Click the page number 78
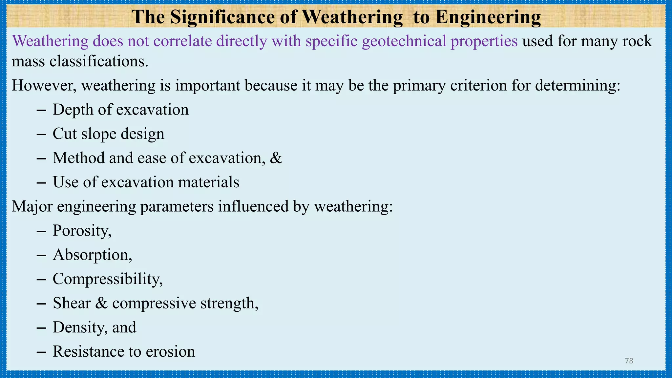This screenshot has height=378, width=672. click(629, 361)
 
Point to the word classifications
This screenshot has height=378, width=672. click(99, 61)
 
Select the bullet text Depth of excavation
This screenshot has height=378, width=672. click(120, 110)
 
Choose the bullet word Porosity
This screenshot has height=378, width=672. click(81, 231)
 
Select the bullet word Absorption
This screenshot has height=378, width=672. click(92, 255)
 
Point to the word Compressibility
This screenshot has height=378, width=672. click(107, 279)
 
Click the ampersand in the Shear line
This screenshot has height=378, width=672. click(101, 303)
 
